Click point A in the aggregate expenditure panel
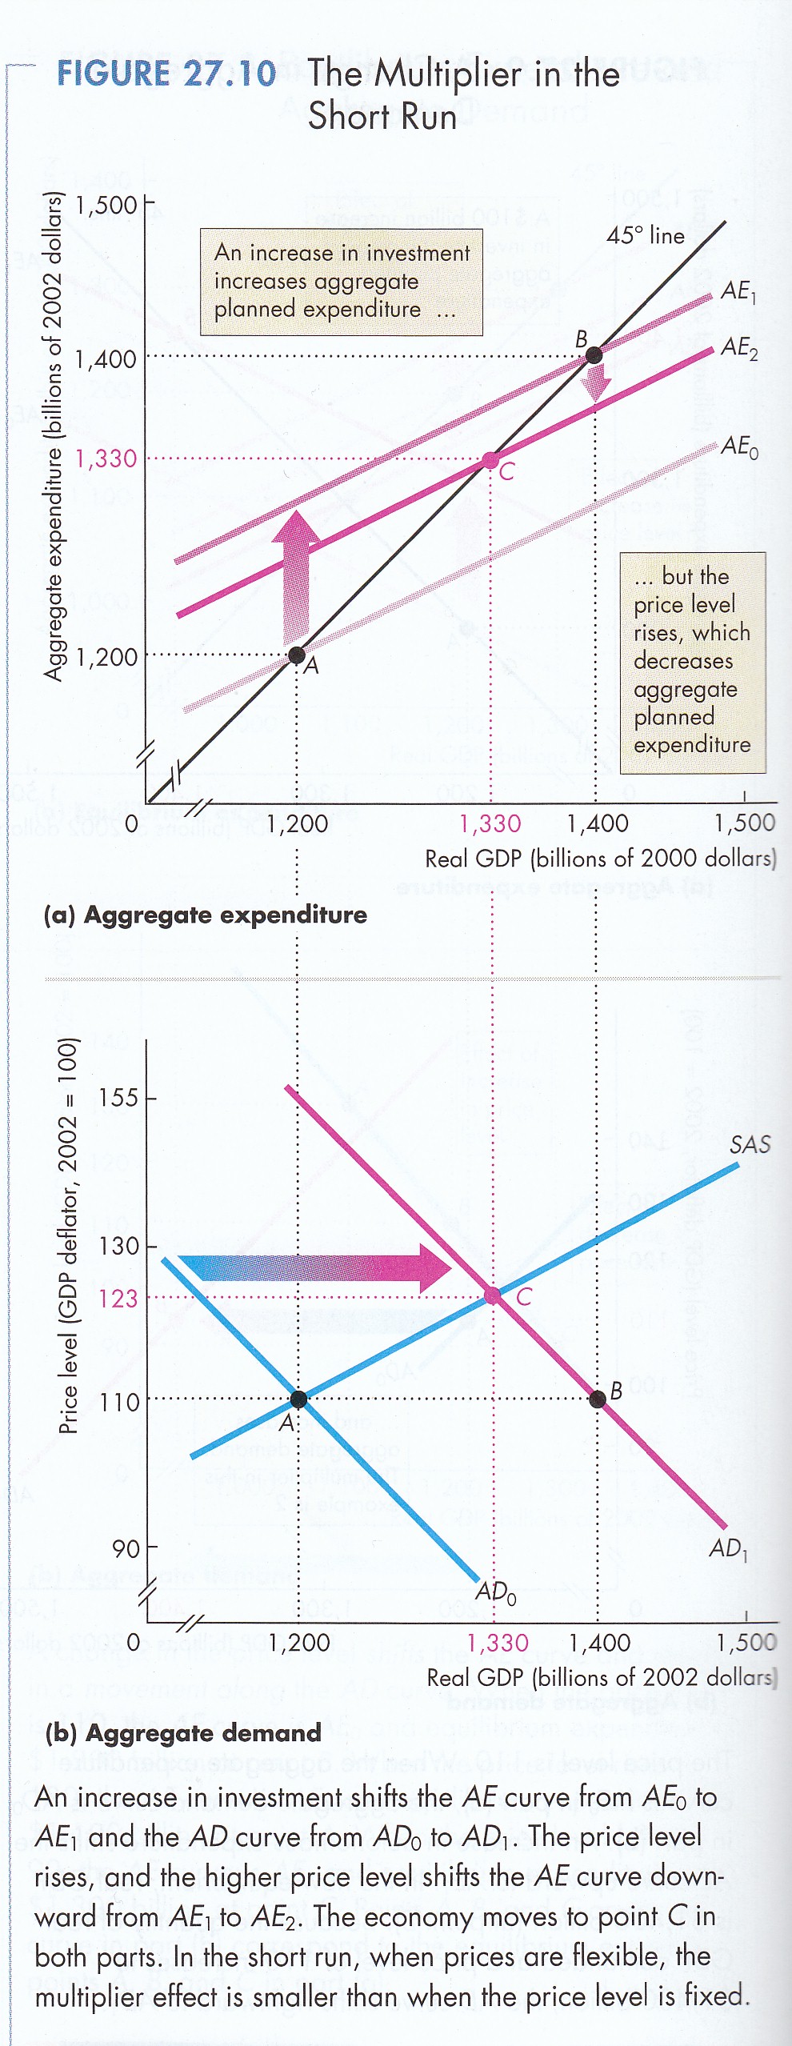tap(297, 655)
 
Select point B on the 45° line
tap(594, 354)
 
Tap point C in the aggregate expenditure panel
tap(490, 460)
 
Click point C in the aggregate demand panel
tap(493, 1295)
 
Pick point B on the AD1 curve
tap(597, 1399)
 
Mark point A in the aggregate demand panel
tap(298, 1399)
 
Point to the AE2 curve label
tap(738, 349)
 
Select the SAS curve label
tap(750, 1145)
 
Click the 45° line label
tap(646, 235)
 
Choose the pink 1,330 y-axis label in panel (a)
tap(106, 459)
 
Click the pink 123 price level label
tap(118, 1298)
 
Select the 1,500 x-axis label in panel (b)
tap(746, 1643)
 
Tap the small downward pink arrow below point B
tap(594, 383)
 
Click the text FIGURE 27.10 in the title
tap(166, 74)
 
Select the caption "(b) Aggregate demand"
tap(183, 1733)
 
